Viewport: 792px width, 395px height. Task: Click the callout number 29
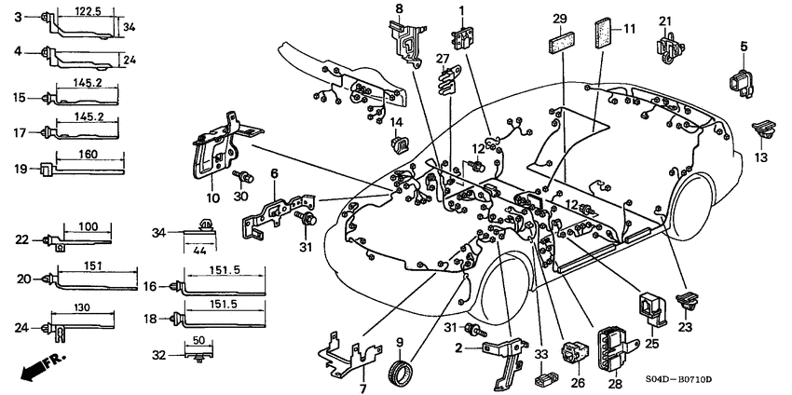coord(559,19)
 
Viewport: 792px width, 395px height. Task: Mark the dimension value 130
coord(83,308)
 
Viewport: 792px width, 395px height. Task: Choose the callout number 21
coord(664,21)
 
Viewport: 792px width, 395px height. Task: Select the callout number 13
coord(762,157)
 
